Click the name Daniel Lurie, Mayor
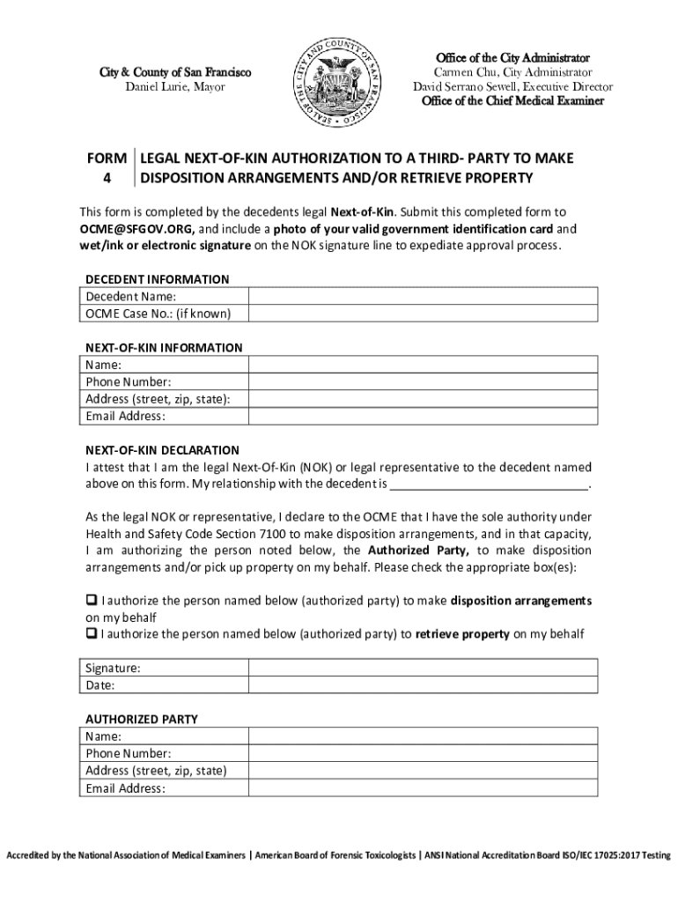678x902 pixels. point(174,87)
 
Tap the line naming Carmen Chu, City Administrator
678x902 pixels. point(512,72)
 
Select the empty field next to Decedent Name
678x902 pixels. point(423,296)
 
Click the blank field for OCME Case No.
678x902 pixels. point(423,314)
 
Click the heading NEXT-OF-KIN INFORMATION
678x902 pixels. point(163,348)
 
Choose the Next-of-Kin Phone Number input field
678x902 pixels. point(423,381)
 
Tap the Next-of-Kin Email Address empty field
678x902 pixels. point(423,416)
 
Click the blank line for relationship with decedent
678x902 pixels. point(489,484)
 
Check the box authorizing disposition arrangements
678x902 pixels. point(92,601)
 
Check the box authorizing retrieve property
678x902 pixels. point(92,633)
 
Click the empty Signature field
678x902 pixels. point(423,668)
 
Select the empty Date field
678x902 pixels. point(423,684)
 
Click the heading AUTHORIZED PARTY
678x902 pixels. point(141,719)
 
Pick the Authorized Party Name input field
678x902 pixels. point(423,736)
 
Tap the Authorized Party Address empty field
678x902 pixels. point(423,771)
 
